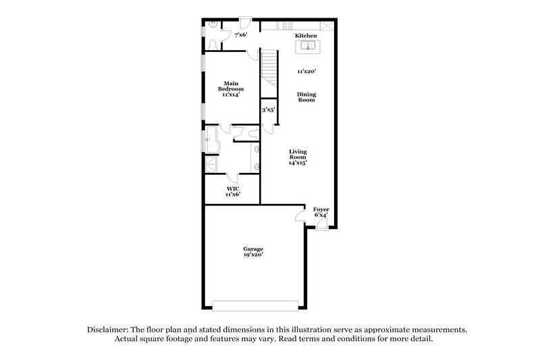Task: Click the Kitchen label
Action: click(306, 35)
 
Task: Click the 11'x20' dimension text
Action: click(306, 70)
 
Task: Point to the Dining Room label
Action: click(306, 98)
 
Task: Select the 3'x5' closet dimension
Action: click(269, 109)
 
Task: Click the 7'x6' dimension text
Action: click(240, 35)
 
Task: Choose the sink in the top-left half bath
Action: click(213, 26)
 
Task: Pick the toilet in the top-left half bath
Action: click(213, 44)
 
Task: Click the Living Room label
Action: click(298, 157)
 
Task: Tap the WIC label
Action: click(232, 188)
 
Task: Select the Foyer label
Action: click(321, 209)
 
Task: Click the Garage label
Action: click(253, 249)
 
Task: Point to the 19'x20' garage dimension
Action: click(253, 255)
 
